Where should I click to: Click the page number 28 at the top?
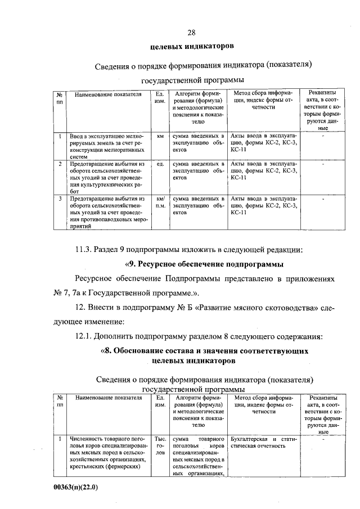click(191, 31)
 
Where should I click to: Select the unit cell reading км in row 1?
click(160, 136)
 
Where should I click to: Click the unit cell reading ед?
click(160, 164)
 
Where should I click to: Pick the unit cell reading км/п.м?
click(160, 202)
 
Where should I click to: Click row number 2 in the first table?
click(60, 164)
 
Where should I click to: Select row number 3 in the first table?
click(60, 199)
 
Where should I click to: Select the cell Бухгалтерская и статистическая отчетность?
click(262, 442)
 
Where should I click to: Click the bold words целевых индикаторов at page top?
click(191, 45)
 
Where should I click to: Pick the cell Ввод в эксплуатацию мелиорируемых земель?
click(107, 143)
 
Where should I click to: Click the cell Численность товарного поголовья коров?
click(107, 452)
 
